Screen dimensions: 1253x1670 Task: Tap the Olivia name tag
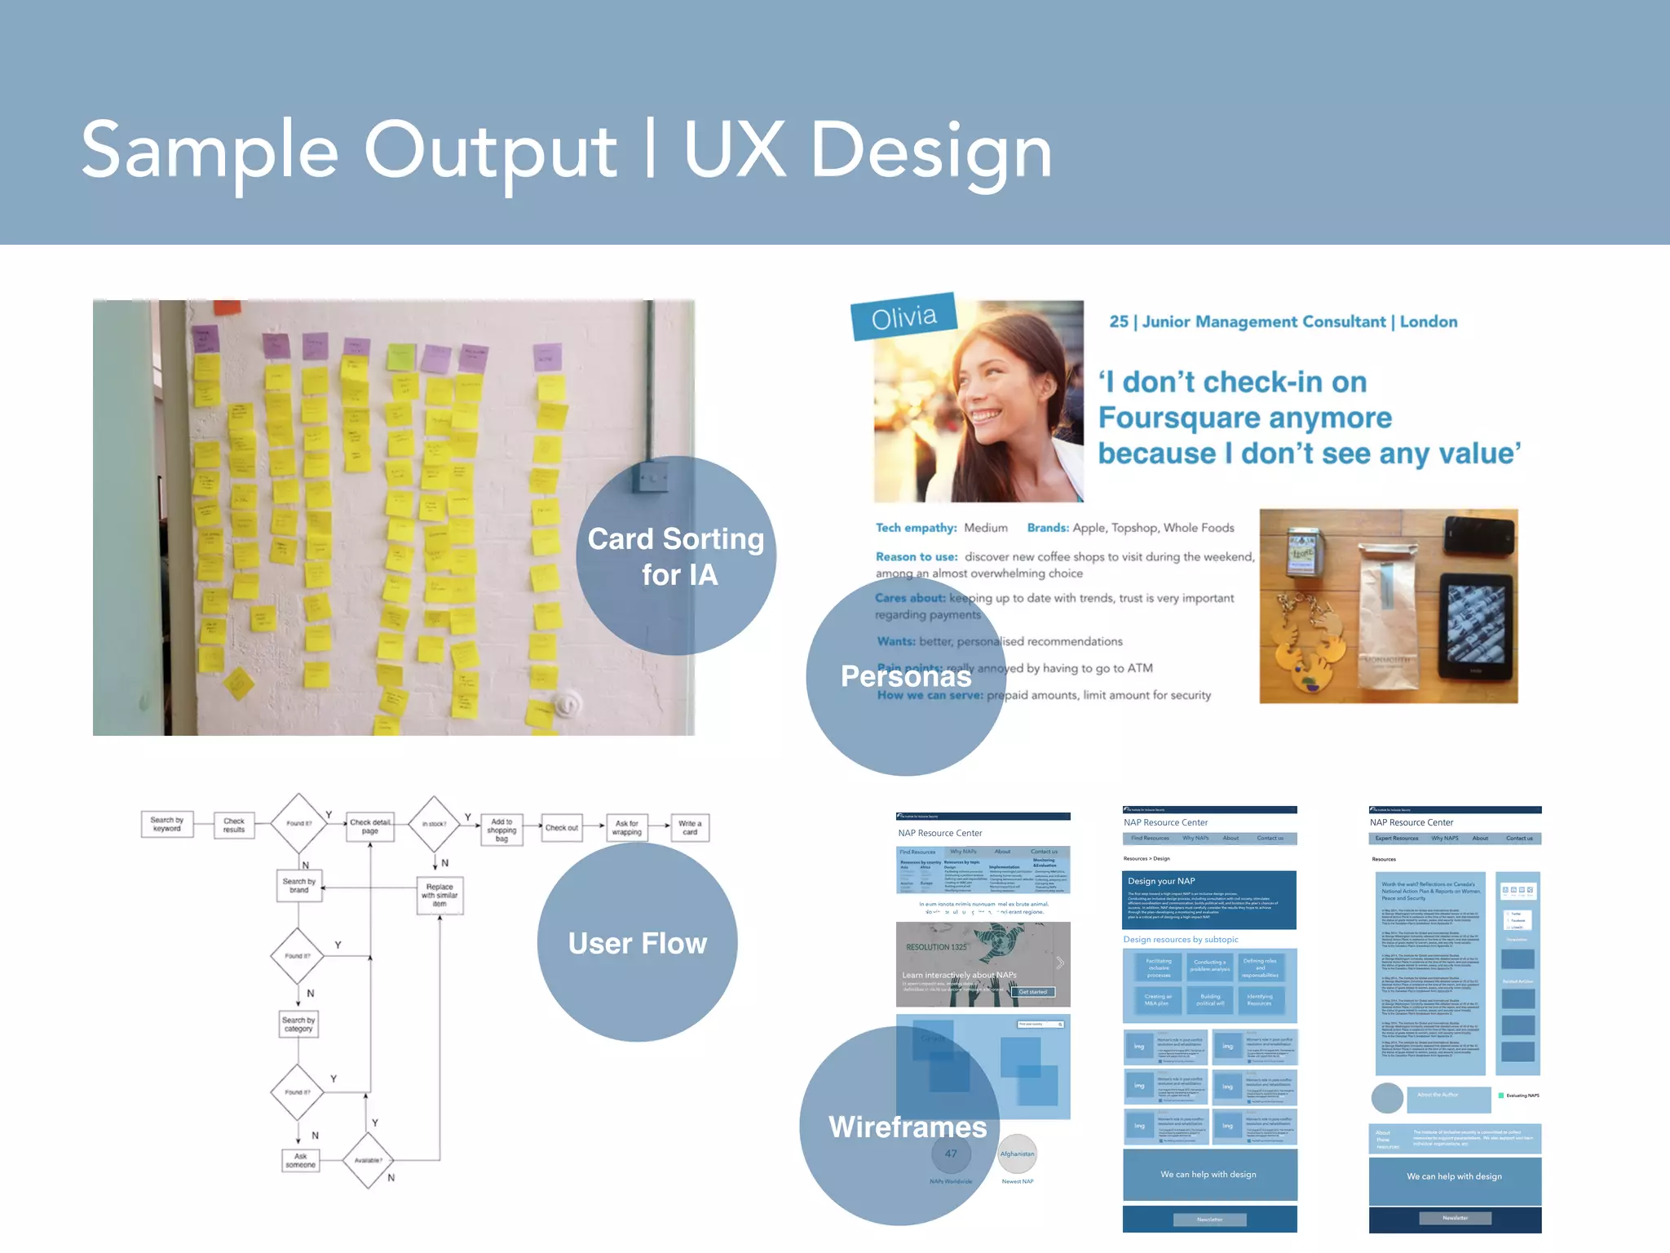click(903, 317)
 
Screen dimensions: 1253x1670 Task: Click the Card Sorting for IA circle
click(676, 556)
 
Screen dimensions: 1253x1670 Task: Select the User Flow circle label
click(637, 943)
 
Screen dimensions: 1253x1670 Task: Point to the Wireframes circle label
click(907, 1127)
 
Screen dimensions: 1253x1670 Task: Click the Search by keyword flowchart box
click(167, 825)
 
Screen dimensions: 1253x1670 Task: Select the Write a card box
click(690, 827)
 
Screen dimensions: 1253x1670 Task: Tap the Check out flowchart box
click(561, 828)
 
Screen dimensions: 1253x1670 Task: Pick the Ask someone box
click(300, 1160)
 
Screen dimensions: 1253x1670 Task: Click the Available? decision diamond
click(368, 1160)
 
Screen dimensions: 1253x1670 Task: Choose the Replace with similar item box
click(440, 895)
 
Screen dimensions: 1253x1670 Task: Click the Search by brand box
click(299, 885)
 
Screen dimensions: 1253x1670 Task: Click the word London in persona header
click(1428, 321)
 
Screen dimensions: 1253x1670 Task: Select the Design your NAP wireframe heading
click(1161, 881)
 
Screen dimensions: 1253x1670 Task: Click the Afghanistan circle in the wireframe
click(1017, 1153)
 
